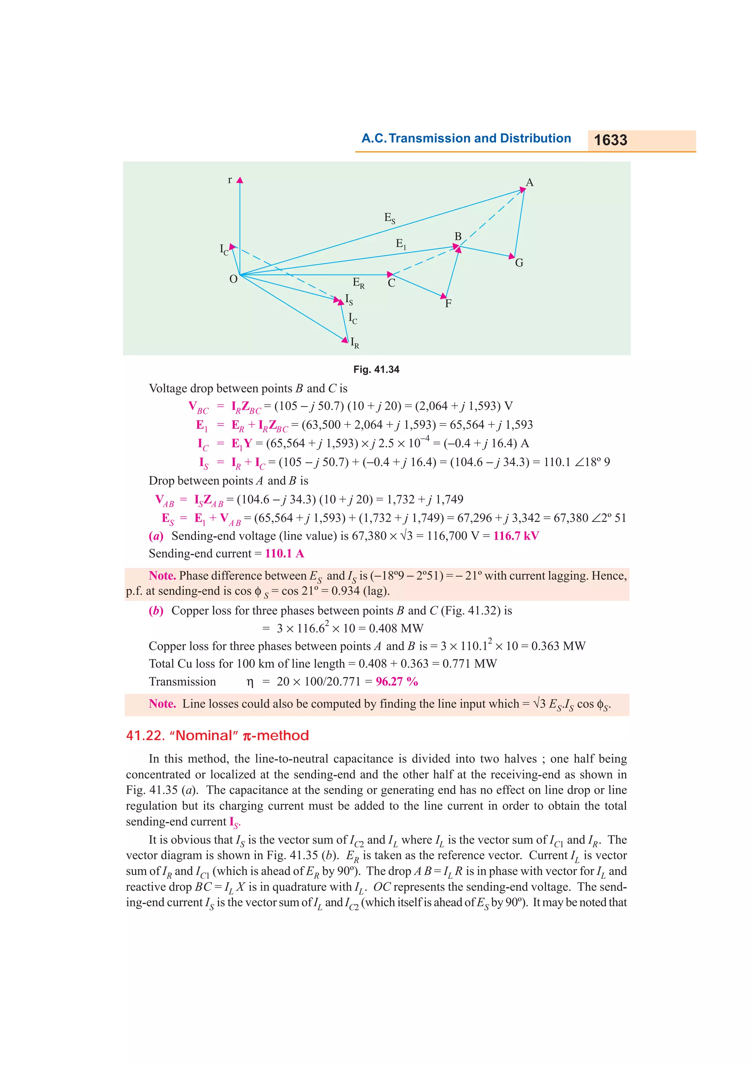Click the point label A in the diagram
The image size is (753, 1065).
point(529,182)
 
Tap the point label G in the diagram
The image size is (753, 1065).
point(519,263)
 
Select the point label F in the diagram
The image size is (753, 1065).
point(448,303)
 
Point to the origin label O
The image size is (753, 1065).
point(233,279)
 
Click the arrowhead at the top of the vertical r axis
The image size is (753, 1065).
point(240,180)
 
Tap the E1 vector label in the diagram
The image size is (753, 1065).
point(401,244)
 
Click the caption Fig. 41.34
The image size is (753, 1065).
point(376,369)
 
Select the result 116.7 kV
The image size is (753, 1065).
point(516,536)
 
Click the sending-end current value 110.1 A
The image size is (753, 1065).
point(285,553)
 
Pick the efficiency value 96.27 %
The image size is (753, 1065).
point(397,681)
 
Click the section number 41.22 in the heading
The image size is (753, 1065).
point(145,736)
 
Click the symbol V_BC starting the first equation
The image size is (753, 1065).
point(199,407)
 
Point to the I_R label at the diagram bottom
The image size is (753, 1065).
point(354,343)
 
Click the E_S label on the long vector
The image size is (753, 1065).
point(390,218)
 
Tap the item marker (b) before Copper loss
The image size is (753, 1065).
point(156,610)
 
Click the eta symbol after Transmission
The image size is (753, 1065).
point(250,682)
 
